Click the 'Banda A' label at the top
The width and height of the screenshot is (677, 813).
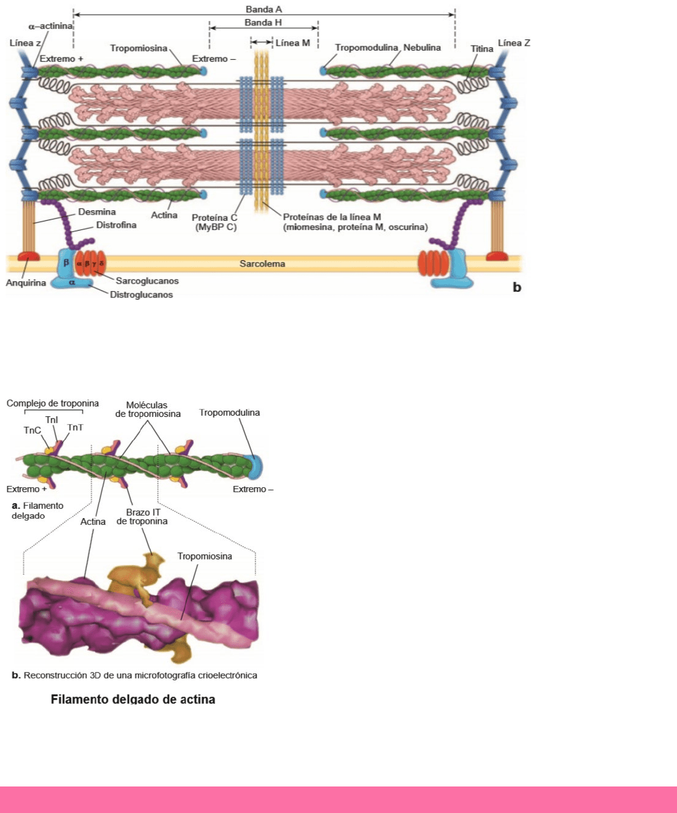263,9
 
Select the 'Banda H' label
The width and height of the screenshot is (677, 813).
263,23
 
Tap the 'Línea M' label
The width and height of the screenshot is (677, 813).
292,43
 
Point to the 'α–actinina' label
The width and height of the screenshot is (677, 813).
51,27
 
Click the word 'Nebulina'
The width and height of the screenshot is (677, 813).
422,47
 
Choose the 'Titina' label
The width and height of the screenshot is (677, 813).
482,49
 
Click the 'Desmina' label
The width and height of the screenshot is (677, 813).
97,212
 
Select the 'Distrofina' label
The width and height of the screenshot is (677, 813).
116,225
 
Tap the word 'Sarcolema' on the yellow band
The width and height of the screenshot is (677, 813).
262,264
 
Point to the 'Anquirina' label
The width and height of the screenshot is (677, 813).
26,283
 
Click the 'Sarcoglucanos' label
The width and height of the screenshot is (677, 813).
147,281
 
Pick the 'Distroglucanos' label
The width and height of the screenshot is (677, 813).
141,295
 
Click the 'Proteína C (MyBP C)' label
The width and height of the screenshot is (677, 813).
215,223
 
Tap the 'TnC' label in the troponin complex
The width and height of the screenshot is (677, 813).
32,431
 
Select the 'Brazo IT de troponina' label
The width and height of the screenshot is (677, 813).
142,517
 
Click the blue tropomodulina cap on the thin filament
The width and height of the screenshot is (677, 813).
254,466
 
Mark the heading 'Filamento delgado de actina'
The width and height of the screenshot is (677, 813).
133,700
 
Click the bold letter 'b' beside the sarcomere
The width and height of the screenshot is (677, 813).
517,287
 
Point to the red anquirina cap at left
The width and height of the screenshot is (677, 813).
28,255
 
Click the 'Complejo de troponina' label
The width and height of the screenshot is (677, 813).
52,403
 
